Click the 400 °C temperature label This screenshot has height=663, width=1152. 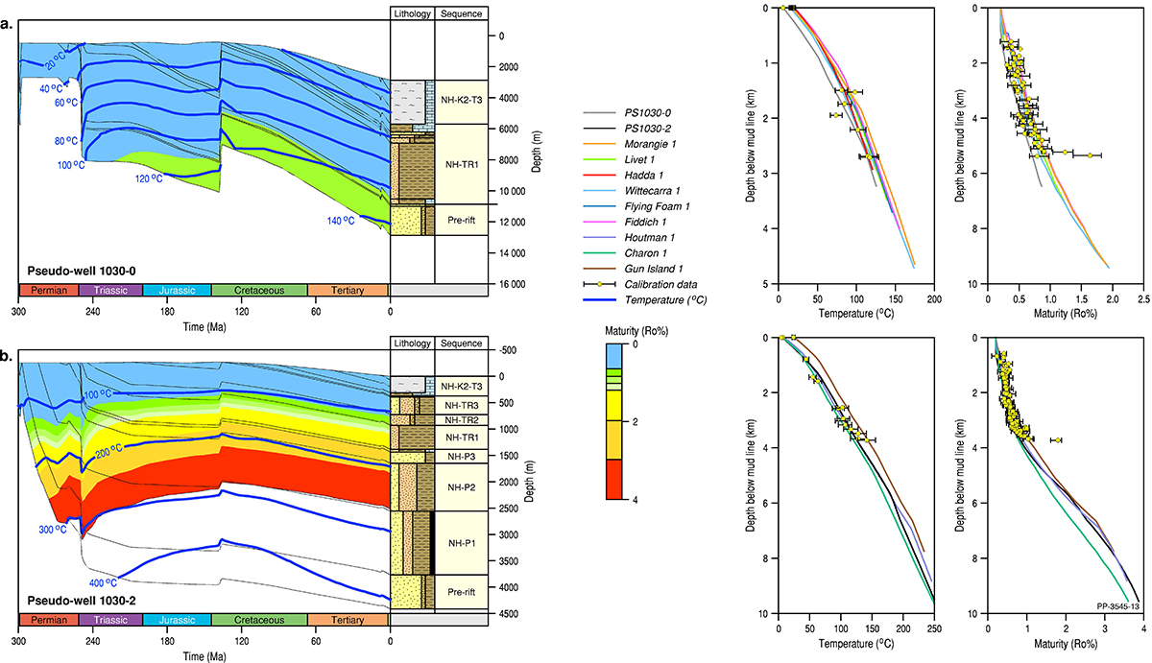click(x=102, y=582)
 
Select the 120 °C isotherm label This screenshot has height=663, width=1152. click(x=149, y=178)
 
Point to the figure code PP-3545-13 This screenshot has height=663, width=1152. click(x=1116, y=606)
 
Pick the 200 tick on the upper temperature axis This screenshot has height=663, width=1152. click(x=934, y=300)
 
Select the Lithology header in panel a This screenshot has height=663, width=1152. click(x=413, y=14)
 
